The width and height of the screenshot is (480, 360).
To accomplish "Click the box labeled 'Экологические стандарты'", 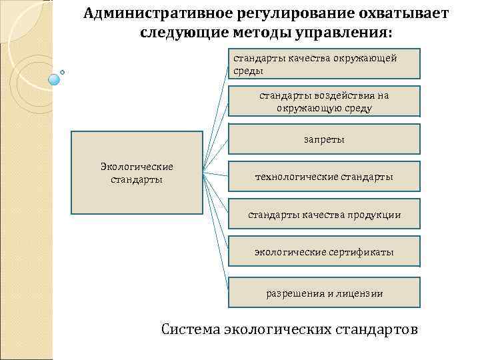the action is (136, 172).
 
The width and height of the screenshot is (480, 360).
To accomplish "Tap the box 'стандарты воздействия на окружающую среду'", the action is (324, 101).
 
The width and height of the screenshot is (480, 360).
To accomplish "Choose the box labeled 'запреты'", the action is (324, 139).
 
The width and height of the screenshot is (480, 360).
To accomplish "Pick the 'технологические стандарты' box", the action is (324, 177).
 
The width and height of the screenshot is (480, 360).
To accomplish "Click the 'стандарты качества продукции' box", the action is (324, 215).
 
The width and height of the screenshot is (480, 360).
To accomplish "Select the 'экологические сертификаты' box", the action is (324, 252).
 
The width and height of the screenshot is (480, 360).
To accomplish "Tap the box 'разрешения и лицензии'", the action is (324, 293).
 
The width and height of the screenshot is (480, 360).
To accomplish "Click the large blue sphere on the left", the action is (55, 79).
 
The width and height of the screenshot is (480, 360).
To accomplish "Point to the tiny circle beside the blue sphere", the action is (63, 70).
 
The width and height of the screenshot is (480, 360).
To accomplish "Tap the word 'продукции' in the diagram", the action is (377, 215).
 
